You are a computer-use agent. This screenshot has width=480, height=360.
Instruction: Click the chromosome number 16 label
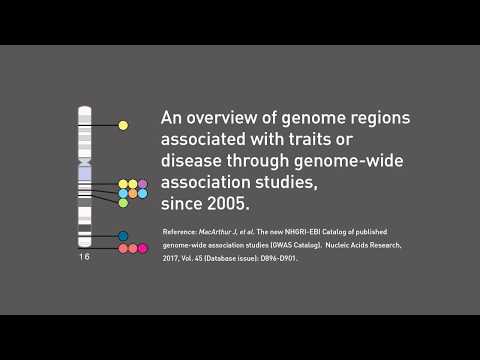(84, 258)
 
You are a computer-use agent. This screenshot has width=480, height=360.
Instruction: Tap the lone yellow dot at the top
(123, 126)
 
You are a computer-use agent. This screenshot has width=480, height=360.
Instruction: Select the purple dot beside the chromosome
(143, 184)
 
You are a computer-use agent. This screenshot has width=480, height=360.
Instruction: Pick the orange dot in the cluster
(133, 193)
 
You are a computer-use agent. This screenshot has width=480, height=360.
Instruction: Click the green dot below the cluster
(123, 203)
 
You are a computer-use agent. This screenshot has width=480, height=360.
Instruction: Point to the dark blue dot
(123, 236)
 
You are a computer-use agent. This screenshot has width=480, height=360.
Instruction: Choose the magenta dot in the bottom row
(143, 248)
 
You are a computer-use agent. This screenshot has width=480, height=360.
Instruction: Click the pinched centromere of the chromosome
(85, 161)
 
